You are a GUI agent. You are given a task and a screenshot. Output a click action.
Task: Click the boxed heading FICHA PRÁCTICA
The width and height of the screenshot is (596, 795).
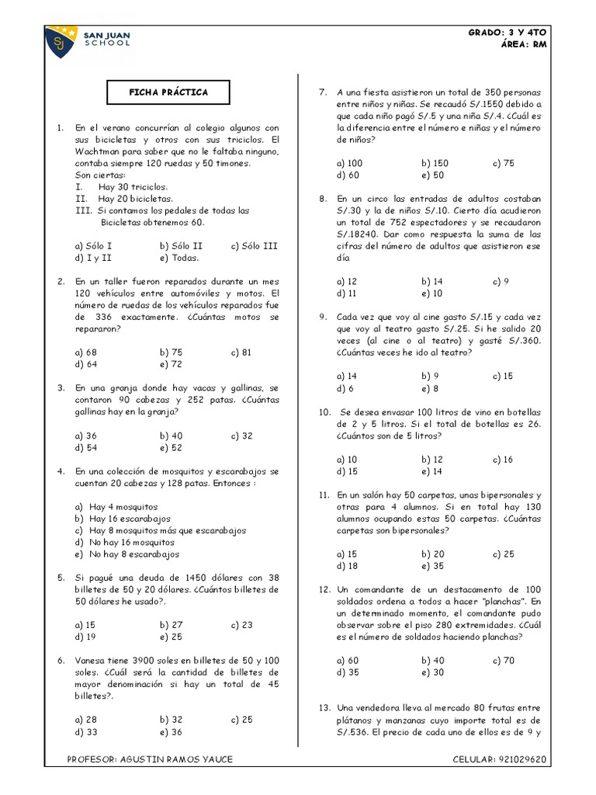tap(168, 92)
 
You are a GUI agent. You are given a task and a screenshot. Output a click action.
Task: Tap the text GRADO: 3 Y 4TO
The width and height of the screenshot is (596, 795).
tap(508, 32)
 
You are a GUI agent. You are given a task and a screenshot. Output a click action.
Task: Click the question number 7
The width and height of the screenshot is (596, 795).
tap(322, 92)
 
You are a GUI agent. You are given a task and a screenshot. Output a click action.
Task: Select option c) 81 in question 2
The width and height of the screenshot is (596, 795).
tap(241, 352)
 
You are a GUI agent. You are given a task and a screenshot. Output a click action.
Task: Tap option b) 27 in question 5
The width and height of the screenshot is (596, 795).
tap(172, 624)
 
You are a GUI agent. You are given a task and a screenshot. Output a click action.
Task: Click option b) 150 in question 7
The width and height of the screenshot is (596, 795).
tap(435, 163)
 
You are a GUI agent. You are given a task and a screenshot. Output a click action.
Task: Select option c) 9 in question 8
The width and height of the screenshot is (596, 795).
tap(501, 281)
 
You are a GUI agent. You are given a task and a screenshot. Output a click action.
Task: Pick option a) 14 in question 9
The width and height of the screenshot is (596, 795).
tap(347, 376)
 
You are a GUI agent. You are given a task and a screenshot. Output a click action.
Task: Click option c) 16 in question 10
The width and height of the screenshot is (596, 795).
tap(503, 459)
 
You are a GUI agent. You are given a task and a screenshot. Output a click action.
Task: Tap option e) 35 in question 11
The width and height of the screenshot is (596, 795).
tap(432, 566)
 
